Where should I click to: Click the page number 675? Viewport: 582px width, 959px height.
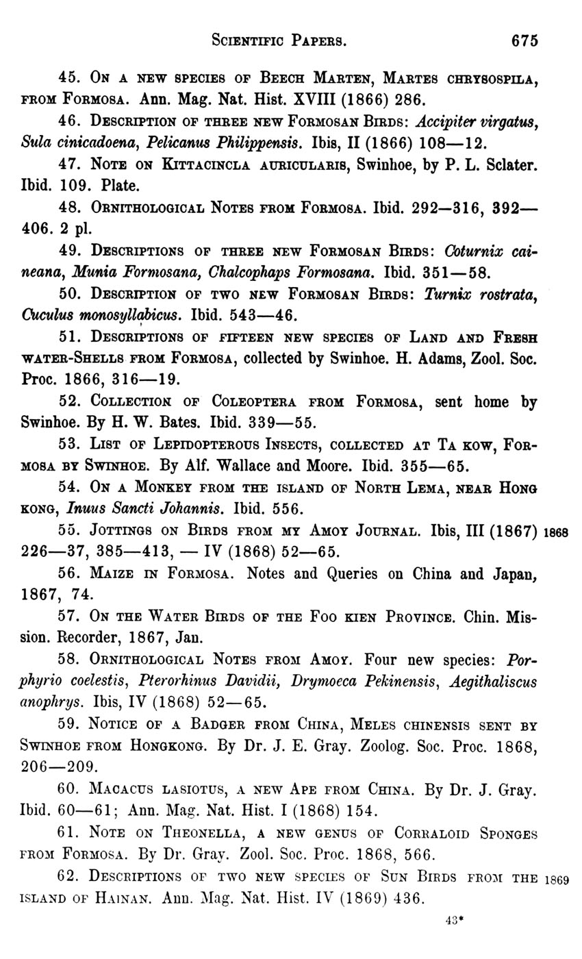pos(524,40)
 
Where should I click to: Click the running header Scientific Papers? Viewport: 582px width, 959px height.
pos(278,41)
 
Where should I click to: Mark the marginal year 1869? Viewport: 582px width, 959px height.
pos(556,880)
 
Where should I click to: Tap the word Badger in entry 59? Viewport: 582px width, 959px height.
pos(223,725)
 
